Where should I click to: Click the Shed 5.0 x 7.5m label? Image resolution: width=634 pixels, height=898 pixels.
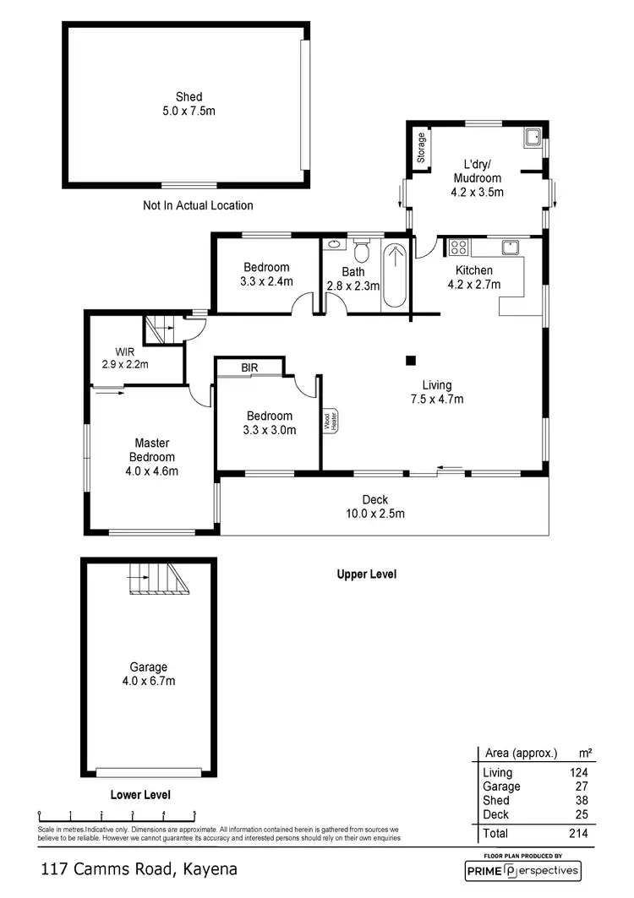[x=189, y=104]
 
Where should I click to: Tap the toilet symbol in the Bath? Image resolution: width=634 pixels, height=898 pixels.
[x=362, y=251]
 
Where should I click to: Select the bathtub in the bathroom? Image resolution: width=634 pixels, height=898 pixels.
[x=395, y=276]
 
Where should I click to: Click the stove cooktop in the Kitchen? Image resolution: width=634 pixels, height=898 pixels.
[x=458, y=248]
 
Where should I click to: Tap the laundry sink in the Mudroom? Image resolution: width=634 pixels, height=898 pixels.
[x=533, y=137]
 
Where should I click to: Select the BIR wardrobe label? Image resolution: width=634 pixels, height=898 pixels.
[x=249, y=368]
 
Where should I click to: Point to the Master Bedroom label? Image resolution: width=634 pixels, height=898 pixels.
[x=152, y=457]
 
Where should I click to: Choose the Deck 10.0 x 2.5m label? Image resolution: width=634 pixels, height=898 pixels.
[x=374, y=506]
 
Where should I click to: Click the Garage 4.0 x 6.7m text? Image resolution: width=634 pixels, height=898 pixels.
[x=148, y=673]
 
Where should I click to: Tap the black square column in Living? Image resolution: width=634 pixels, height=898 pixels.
[x=411, y=361]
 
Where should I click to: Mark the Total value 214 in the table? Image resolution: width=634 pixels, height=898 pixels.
[x=579, y=834]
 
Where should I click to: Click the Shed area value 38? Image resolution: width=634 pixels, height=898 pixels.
[x=580, y=800]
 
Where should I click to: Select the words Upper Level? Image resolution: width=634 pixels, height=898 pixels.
[x=366, y=574]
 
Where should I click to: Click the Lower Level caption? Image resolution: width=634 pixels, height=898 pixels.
[x=140, y=795]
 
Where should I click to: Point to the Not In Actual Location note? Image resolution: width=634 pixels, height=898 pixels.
[x=198, y=205]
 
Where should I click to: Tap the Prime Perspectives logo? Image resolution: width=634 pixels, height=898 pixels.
[x=522, y=870]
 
